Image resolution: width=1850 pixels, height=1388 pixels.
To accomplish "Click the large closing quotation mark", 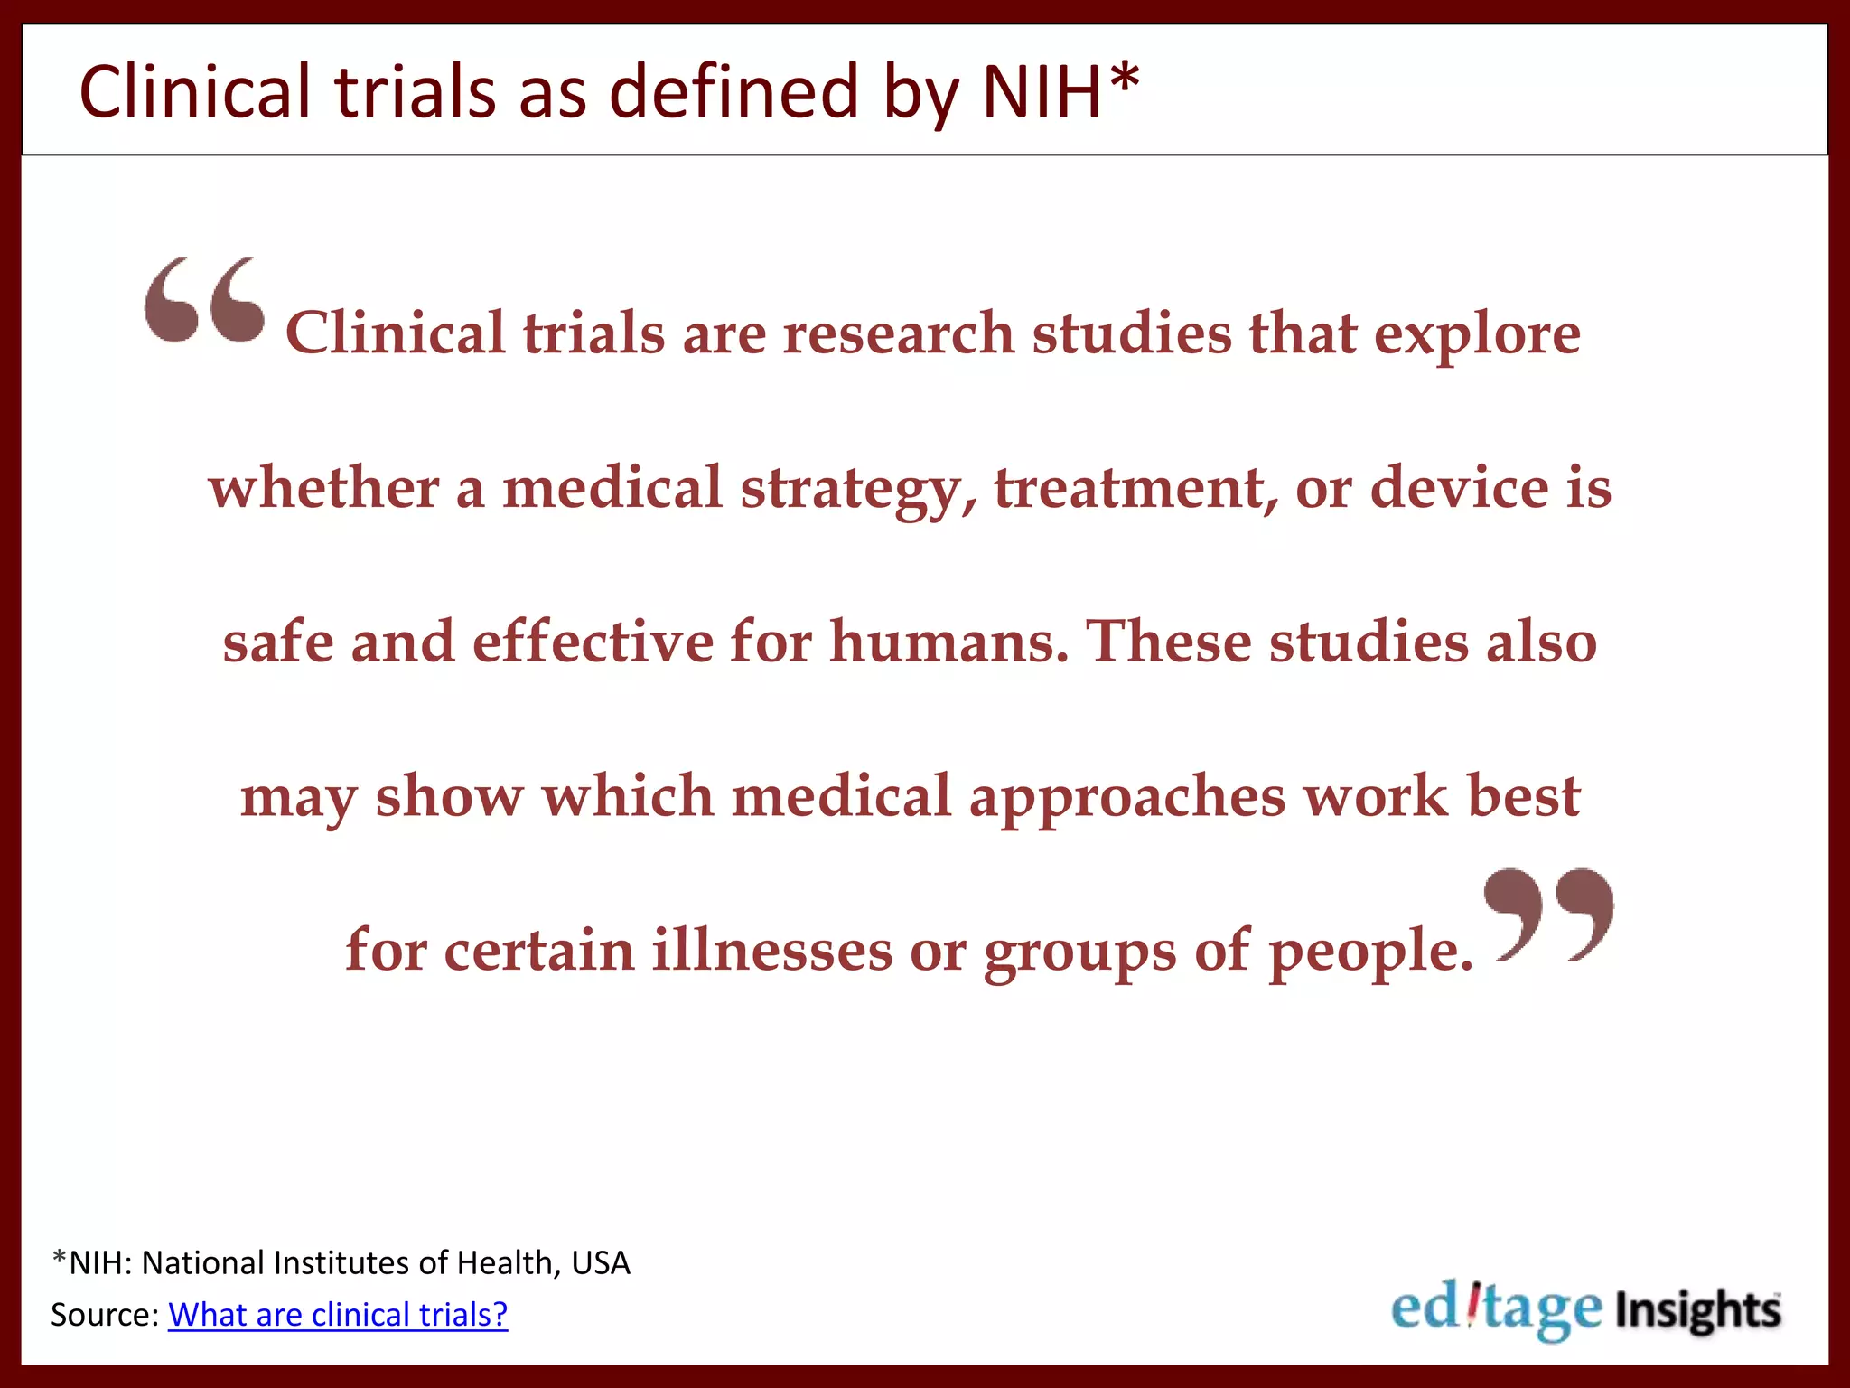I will click(1548, 914).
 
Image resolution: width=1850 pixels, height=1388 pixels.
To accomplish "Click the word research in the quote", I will click(899, 333).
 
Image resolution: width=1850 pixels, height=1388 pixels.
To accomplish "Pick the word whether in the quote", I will click(323, 488).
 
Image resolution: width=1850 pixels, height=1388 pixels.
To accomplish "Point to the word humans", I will click(948, 642).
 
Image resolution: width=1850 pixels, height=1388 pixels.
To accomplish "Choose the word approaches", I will click(1127, 798).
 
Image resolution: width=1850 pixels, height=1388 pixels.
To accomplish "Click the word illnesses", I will click(772, 951).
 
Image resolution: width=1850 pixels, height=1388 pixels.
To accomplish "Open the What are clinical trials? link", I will click(338, 1315).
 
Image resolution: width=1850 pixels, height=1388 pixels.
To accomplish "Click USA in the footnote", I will click(601, 1263).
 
